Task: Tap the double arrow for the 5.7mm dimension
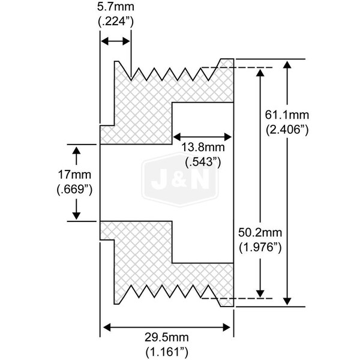tap(115, 41)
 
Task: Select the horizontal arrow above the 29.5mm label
tap(166, 328)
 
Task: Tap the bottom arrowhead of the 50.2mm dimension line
tap(260, 292)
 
